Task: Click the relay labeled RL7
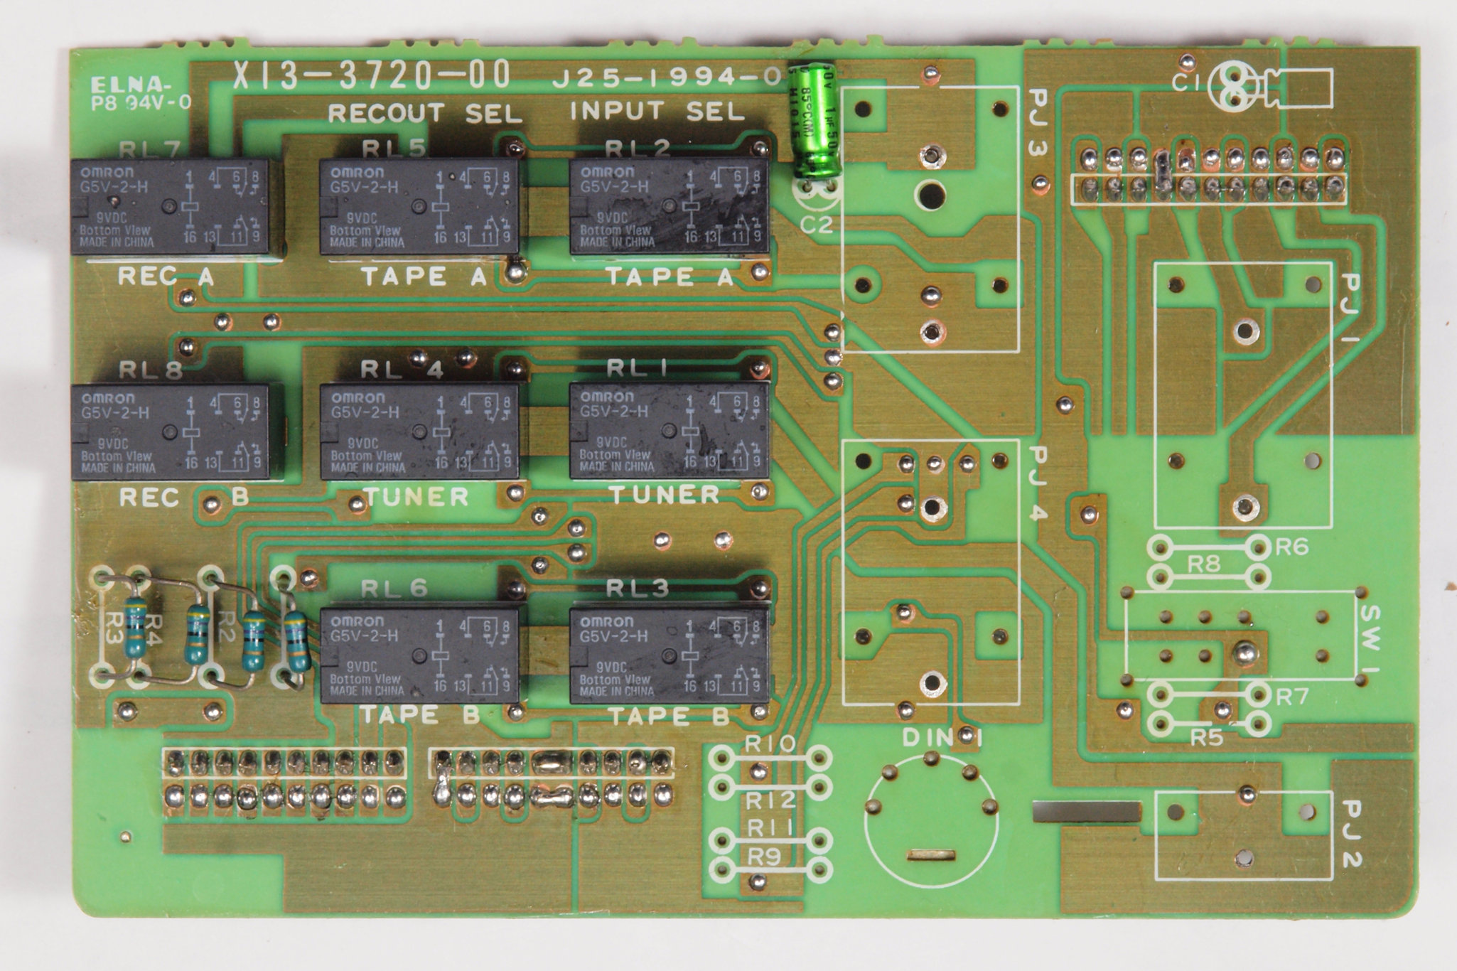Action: (x=170, y=207)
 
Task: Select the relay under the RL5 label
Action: (x=419, y=207)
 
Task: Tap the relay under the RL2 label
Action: (x=669, y=207)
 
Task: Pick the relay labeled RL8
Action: (x=170, y=432)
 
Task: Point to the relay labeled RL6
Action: (x=419, y=655)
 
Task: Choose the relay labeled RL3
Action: (x=669, y=655)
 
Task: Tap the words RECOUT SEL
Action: (x=424, y=113)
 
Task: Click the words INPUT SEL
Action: (x=657, y=112)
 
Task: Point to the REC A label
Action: (x=165, y=277)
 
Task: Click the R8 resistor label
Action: (x=1203, y=565)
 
